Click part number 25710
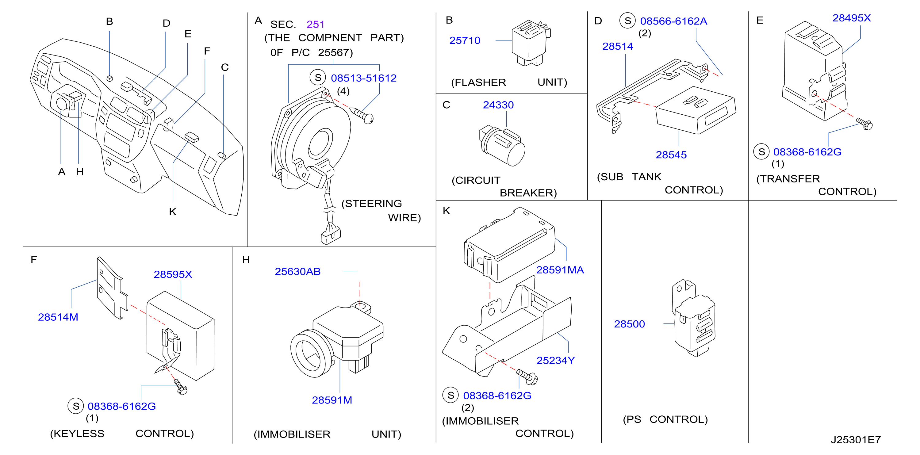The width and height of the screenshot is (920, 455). pyautogui.click(x=465, y=40)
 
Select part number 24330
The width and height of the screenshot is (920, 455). pyautogui.click(x=498, y=105)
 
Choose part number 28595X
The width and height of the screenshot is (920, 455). pyautogui.click(x=173, y=274)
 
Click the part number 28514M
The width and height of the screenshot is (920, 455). pyautogui.click(x=58, y=317)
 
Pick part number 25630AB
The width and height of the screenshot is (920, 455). pyautogui.click(x=297, y=271)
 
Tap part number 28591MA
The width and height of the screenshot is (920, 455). pyautogui.click(x=560, y=270)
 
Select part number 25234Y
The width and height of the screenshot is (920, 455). pyautogui.click(x=556, y=360)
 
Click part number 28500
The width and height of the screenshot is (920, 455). pyautogui.click(x=629, y=324)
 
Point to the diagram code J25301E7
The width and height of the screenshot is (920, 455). pyautogui.click(x=856, y=440)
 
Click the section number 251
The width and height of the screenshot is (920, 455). pyautogui.click(x=315, y=24)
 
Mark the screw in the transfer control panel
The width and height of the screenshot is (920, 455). pyautogui.click(x=864, y=124)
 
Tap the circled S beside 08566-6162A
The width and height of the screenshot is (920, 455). pyautogui.click(x=627, y=21)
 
